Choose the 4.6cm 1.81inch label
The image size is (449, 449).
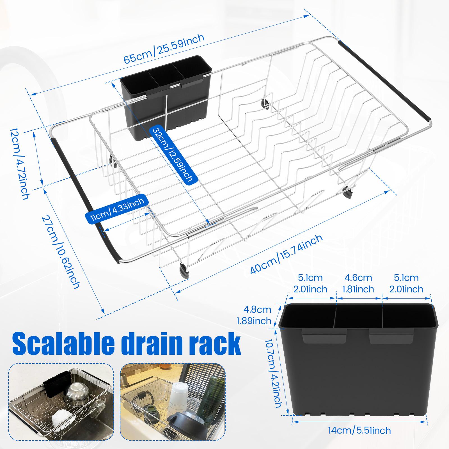[358, 283]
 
